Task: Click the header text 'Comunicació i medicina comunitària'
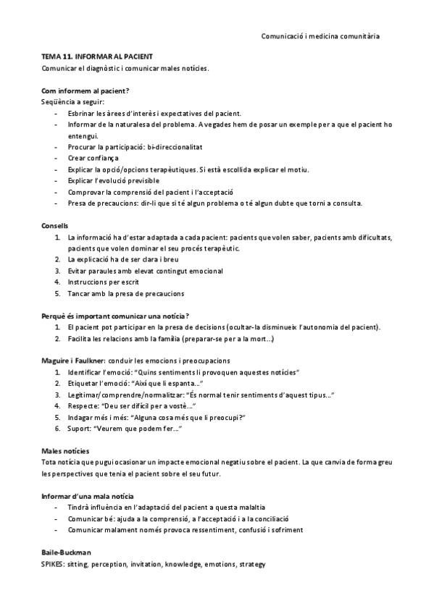click(x=320, y=35)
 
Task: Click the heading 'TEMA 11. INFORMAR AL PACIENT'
click(x=96, y=56)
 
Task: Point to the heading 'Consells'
click(x=55, y=226)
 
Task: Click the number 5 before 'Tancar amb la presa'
click(x=57, y=293)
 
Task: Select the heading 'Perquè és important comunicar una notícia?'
click(x=115, y=316)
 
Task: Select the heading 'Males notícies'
click(x=65, y=450)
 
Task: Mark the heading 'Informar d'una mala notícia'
click(x=88, y=495)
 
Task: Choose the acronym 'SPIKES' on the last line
click(x=53, y=563)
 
